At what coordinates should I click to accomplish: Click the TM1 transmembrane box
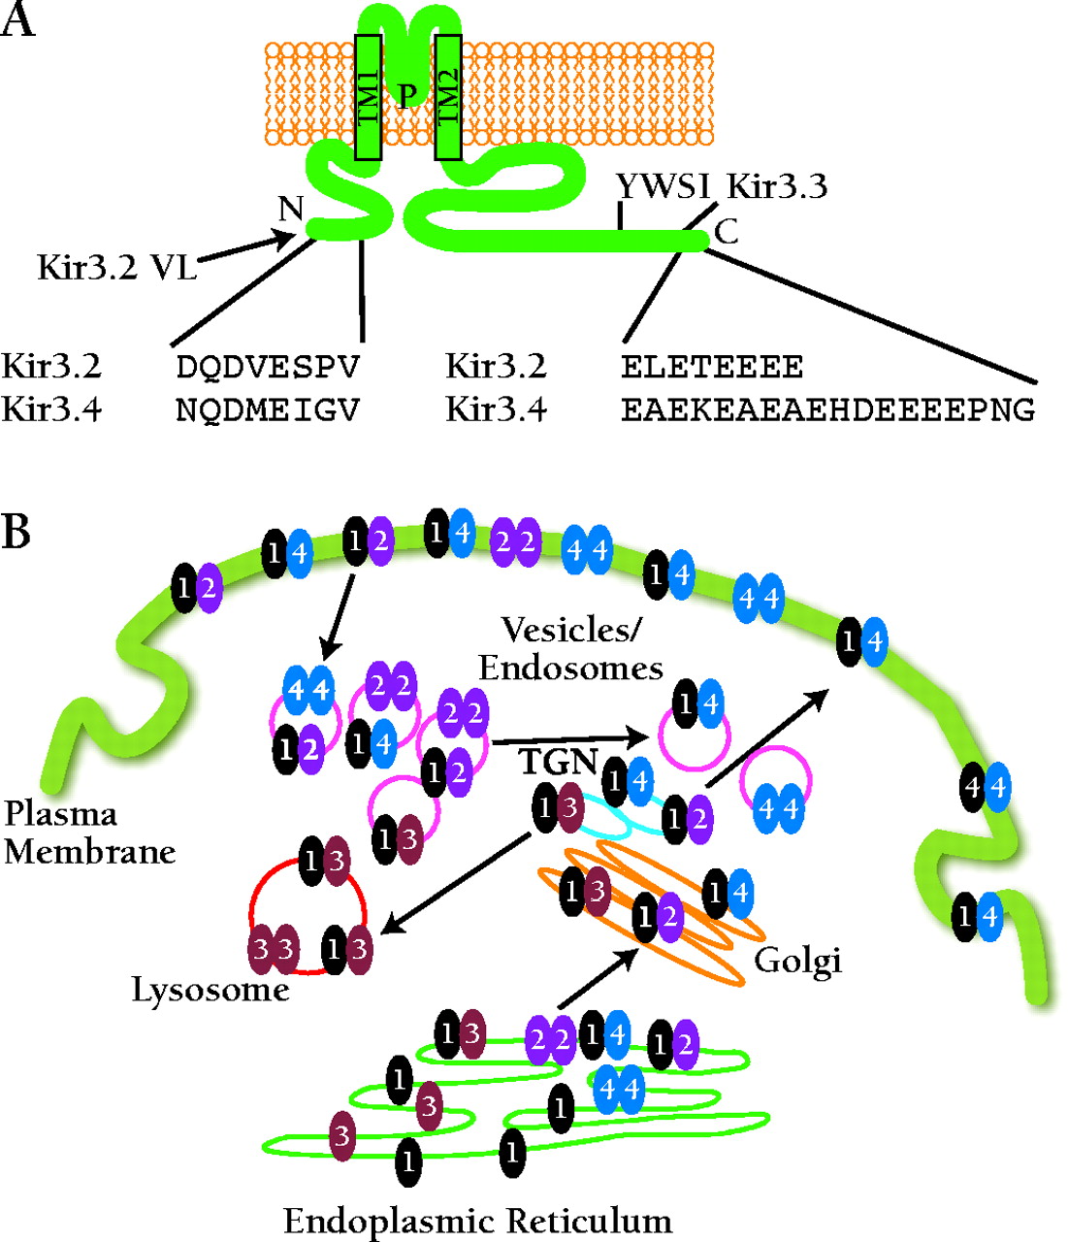(368, 97)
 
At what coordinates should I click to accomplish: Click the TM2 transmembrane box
(447, 97)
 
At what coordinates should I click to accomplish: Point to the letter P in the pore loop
(407, 95)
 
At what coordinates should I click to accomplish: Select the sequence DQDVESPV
(268, 368)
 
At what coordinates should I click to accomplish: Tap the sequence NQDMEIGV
(268, 410)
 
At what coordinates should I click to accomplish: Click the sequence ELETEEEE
(712, 368)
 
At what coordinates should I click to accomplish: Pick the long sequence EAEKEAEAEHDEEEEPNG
(827, 410)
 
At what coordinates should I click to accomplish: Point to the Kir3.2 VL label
(116, 266)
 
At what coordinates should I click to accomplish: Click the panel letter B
(16, 533)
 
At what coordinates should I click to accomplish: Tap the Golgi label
(797, 961)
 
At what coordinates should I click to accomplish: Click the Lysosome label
(210, 990)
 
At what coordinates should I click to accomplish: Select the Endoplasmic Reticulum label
(477, 1220)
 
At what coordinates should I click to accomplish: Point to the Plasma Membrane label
(89, 833)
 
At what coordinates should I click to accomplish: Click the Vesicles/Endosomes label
(570, 649)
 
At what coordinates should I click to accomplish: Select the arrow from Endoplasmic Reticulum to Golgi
(598, 979)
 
